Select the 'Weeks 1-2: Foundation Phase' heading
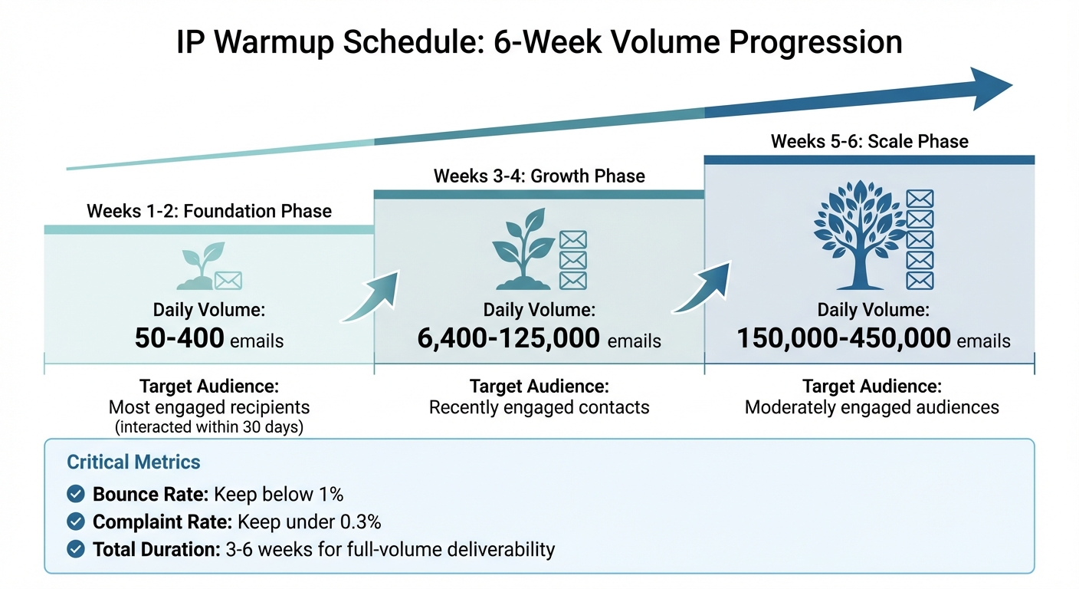coord(209,211)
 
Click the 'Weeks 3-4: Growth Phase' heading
coord(539,176)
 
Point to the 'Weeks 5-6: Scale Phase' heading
coord(869,141)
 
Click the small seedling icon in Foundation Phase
coord(197,267)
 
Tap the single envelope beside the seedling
coord(228,280)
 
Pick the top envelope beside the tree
coord(920,199)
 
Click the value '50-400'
coord(179,338)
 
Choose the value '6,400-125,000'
coord(509,338)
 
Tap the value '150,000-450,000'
coord(843,338)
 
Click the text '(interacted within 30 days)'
coord(209,427)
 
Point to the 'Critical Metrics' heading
coord(133,462)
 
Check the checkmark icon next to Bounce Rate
coord(76,494)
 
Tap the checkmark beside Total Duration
coord(76,549)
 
